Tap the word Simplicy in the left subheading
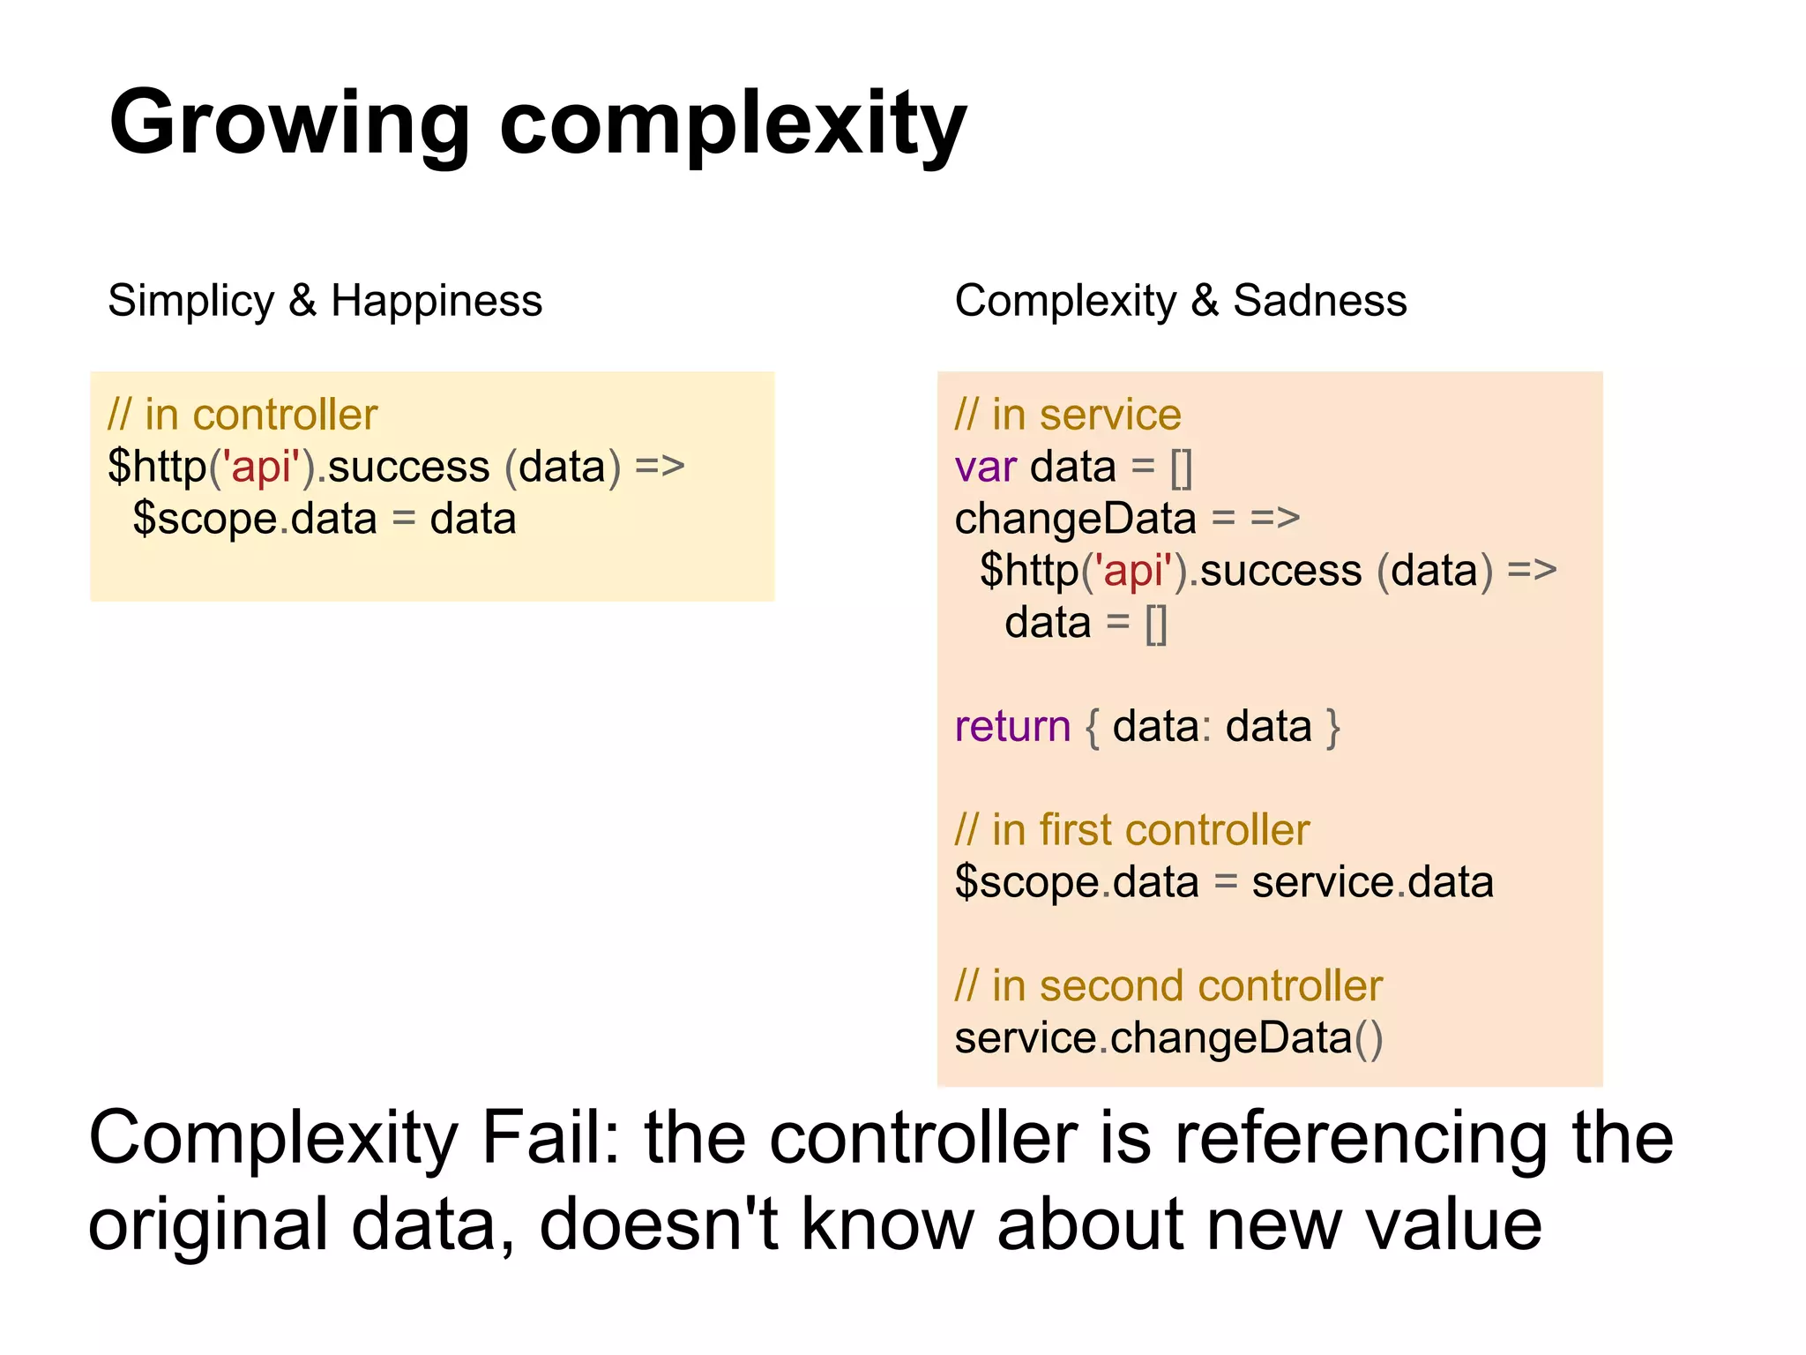[190, 301]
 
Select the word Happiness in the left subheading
[437, 301]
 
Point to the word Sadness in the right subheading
[1319, 301]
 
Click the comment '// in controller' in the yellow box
[243, 415]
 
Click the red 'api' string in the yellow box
[261, 466]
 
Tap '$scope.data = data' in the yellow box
[324, 519]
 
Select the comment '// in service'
[1068, 415]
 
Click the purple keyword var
[985, 467]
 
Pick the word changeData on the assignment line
[1075, 519]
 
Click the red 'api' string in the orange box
[1134, 570]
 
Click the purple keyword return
[1012, 726]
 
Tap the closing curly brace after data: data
[1332, 728]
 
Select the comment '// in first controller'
[1132, 830]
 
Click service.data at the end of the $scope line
[1372, 882]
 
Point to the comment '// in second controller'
[1168, 985]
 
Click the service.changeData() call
[1168, 1038]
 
